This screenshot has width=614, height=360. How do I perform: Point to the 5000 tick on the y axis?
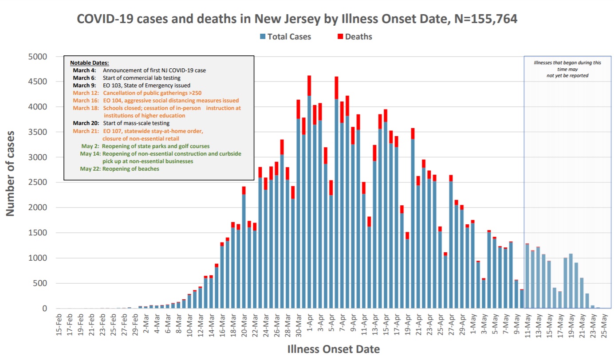pos(38,57)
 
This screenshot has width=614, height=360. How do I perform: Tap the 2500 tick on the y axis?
pos(38,183)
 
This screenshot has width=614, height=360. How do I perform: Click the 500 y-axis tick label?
pos(40,283)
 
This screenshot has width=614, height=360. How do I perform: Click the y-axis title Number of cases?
pos(11,173)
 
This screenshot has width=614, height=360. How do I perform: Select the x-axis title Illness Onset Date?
pos(334,349)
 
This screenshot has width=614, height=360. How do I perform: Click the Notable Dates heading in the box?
pos(89,63)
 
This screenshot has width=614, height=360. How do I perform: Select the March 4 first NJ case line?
pos(139,70)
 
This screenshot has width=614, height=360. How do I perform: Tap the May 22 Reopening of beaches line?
pos(120,169)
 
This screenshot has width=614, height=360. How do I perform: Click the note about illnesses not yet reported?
pos(567,69)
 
